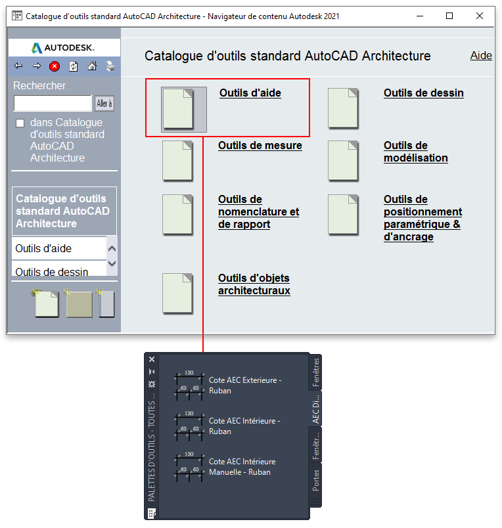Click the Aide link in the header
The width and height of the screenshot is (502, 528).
pyautogui.click(x=481, y=56)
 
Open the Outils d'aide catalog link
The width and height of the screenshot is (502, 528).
pyautogui.click(x=250, y=93)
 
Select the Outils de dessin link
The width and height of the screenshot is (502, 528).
pyautogui.click(x=424, y=93)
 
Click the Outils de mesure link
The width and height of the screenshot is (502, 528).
pyautogui.click(x=260, y=146)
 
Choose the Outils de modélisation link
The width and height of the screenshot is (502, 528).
pyautogui.click(x=416, y=152)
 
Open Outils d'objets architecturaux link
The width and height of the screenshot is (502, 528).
pyautogui.click(x=254, y=284)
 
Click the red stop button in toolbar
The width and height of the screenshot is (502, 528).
pyautogui.click(x=55, y=66)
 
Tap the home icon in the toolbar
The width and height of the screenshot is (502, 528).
pyautogui.click(x=92, y=66)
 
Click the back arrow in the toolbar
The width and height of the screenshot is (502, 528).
pyautogui.click(x=18, y=66)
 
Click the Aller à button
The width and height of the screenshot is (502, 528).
pyautogui.click(x=104, y=103)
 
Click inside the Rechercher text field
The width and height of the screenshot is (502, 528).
pyautogui.click(x=53, y=103)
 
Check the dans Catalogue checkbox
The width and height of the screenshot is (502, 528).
pyautogui.click(x=20, y=123)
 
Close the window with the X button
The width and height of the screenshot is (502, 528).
pyautogui.click(x=480, y=16)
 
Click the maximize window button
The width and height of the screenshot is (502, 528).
pyautogui.click(x=449, y=16)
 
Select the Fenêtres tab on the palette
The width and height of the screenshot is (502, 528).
pyautogui.click(x=315, y=372)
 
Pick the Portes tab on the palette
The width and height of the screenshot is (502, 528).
pyautogui.click(x=315, y=481)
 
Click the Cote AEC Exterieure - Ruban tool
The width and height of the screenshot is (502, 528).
pyautogui.click(x=228, y=385)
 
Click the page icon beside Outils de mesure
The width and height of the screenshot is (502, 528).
pyautogui.click(x=177, y=161)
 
